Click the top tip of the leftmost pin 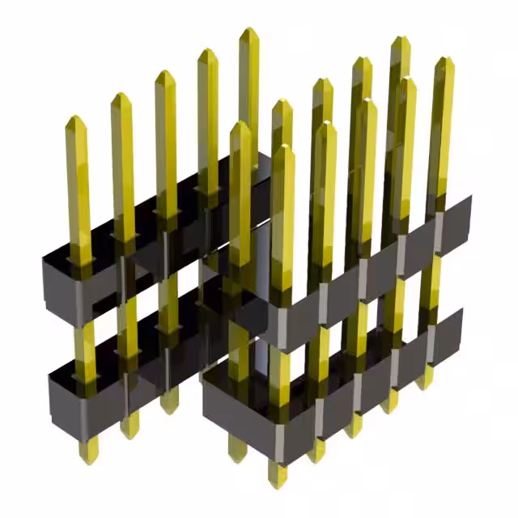tap(75, 119)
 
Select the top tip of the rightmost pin tap(444, 60)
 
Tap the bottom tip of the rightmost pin tap(425, 385)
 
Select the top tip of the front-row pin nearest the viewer tap(281, 148)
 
